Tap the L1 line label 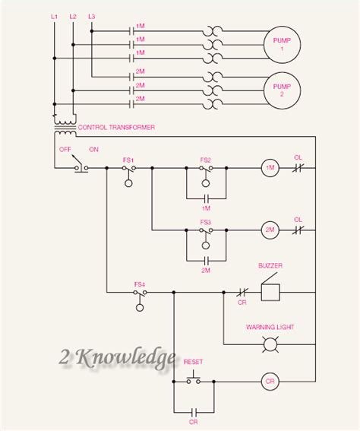tap(54, 16)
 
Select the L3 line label tap(92, 16)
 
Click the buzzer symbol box tap(270, 291)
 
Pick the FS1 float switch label tap(128, 159)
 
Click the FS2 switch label tap(205, 159)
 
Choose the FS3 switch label tap(205, 221)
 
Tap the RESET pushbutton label tap(194, 363)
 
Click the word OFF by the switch tap(65, 149)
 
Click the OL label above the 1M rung tap(298, 157)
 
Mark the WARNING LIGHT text tap(270, 327)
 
